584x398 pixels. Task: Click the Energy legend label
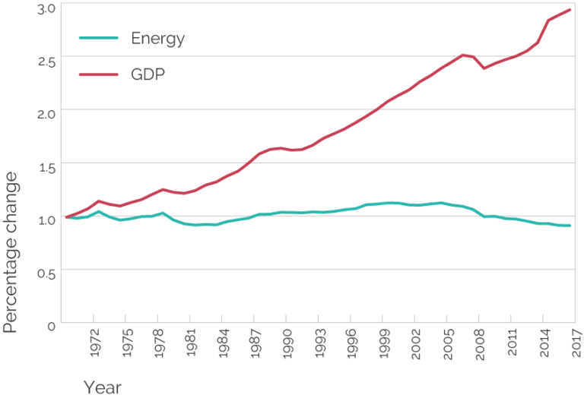point(157,39)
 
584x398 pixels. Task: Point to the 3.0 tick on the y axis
point(46,8)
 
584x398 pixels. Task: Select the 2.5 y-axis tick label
point(46,62)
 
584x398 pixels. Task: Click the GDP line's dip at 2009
point(484,68)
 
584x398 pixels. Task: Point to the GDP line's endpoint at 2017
point(570,10)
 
